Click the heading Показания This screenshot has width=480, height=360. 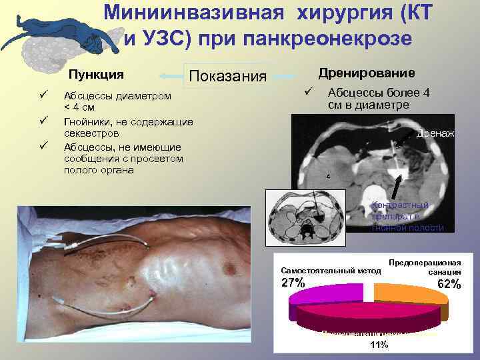click(x=229, y=77)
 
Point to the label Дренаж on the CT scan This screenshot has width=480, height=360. click(x=435, y=133)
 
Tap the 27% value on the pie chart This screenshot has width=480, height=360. click(x=293, y=283)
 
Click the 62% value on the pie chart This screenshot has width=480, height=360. click(x=449, y=285)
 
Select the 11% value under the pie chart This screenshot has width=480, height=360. click(x=378, y=344)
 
